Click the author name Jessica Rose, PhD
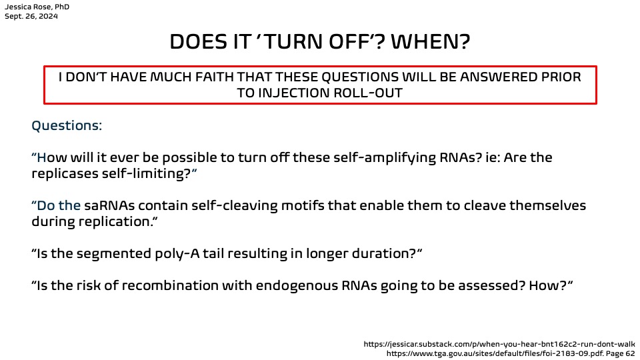(x=37, y=7)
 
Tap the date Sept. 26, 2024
(x=31, y=16)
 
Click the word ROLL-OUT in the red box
(x=368, y=93)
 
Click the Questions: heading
(x=67, y=125)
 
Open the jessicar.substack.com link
(x=499, y=344)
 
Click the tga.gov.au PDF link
(x=511, y=353)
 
